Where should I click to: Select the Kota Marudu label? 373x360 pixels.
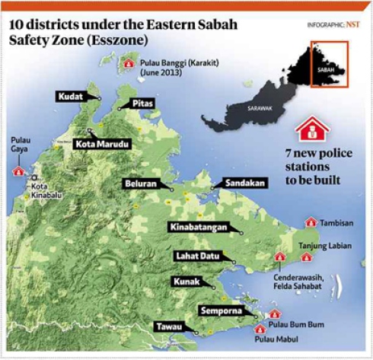(103, 144)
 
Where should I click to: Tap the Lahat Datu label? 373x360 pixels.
(202, 256)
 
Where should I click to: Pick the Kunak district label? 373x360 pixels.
(186, 282)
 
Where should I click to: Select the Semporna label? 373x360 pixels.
(221, 311)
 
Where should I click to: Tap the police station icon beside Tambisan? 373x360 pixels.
(311, 222)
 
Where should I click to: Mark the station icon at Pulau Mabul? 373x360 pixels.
(260, 329)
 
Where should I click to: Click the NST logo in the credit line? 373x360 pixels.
(354, 26)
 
